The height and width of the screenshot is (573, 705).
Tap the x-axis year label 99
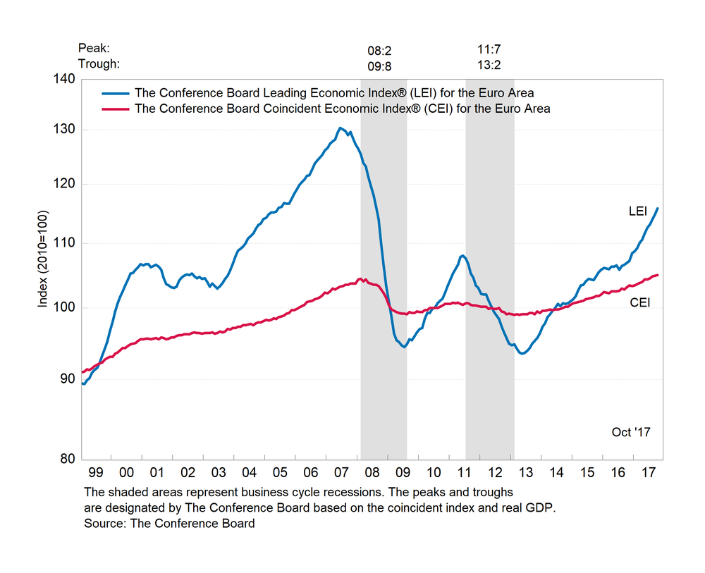[x=97, y=472]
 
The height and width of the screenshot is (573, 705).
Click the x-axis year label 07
[x=341, y=472]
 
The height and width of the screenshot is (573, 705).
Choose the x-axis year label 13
[x=525, y=472]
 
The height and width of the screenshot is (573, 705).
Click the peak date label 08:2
[x=379, y=51]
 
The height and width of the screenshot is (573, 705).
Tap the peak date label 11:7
[x=490, y=51]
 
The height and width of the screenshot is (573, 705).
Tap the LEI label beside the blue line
[x=639, y=211]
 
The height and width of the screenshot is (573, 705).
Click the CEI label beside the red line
[x=639, y=302]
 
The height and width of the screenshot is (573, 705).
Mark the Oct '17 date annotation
[x=630, y=432]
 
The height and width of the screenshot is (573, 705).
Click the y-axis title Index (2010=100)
[x=43, y=259]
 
